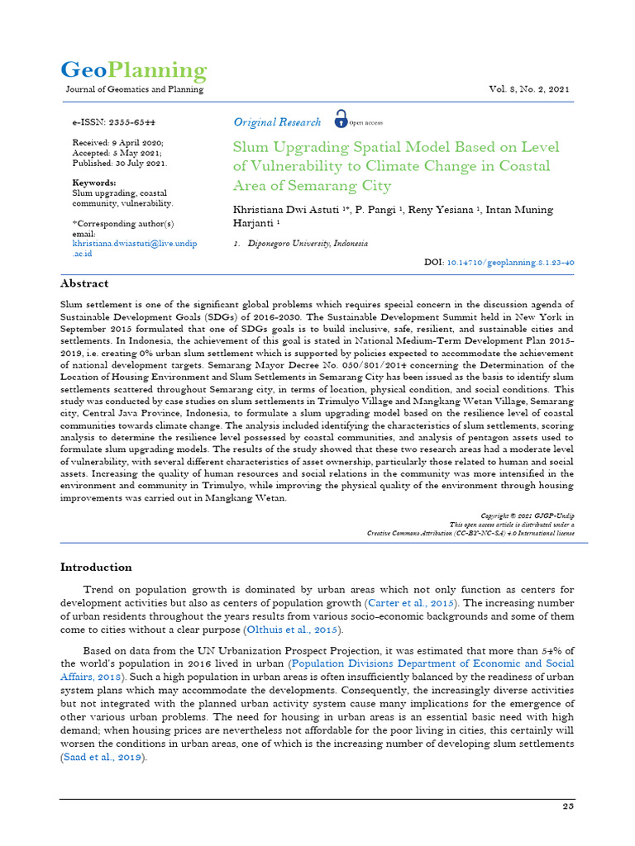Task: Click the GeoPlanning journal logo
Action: click(x=134, y=69)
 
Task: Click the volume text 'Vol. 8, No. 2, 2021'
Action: click(x=529, y=89)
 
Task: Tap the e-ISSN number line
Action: click(x=114, y=121)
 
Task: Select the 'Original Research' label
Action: click(x=277, y=122)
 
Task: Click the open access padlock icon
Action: click(x=341, y=120)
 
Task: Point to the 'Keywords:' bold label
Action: click(x=94, y=183)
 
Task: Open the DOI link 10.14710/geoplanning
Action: click(x=510, y=261)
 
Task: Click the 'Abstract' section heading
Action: click(x=84, y=283)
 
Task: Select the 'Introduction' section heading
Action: click(x=96, y=567)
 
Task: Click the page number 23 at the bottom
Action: click(x=568, y=806)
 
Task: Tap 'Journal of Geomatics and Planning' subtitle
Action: click(x=134, y=89)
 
